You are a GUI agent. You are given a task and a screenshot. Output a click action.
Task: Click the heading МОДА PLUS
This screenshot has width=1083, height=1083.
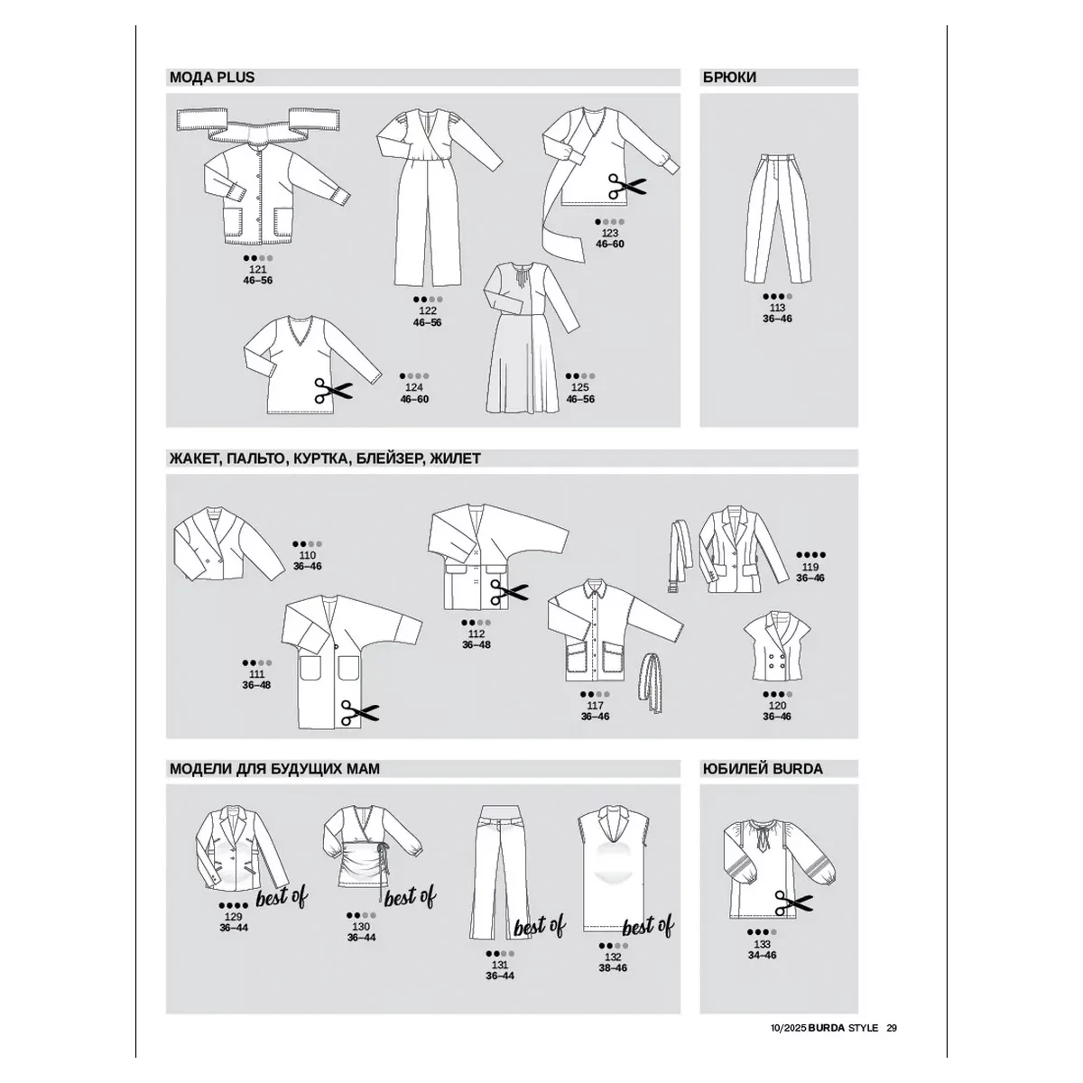(212, 78)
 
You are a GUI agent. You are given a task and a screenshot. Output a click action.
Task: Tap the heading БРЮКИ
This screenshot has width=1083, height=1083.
(729, 78)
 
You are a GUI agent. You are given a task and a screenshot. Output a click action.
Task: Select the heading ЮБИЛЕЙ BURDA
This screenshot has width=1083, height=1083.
(762, 768)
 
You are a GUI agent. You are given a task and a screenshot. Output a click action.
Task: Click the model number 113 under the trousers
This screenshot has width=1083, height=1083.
(777, 308)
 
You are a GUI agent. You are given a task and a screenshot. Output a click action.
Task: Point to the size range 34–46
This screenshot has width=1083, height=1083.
(762, 955)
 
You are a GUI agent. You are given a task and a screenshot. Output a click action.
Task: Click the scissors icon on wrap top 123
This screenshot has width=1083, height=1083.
(626, 186)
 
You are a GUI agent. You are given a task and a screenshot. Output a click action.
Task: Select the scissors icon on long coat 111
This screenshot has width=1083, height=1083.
(360, 713)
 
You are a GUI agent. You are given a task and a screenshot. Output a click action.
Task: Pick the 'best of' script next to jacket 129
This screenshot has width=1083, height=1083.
(282, 897)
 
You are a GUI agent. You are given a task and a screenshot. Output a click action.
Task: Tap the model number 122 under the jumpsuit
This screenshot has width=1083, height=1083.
(428, 310)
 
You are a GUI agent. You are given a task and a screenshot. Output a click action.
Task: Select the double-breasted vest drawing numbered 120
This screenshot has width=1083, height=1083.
(777, 646)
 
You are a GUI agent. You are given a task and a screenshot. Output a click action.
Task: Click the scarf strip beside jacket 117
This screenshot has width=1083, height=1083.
(650, 682)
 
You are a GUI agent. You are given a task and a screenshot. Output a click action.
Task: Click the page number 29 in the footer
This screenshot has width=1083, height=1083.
(892, 1028)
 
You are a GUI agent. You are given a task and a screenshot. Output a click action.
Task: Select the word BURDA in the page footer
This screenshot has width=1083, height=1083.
(827, 1028)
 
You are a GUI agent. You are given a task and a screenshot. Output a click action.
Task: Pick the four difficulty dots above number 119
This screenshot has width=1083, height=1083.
(810, 555)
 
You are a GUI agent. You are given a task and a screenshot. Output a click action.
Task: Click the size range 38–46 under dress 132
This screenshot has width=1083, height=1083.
(613, 967)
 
